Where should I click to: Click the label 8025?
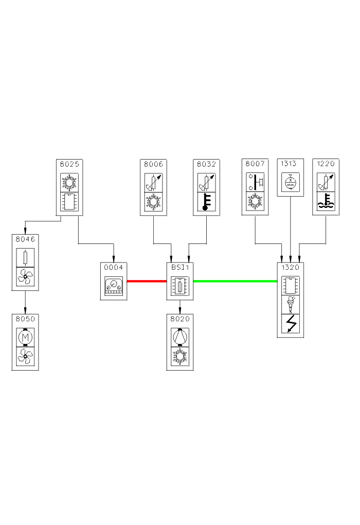tap(69, 164)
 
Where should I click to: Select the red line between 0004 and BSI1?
tap(147, 281)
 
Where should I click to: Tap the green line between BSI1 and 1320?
tap(235, 281)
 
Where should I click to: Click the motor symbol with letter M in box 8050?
tap(25, 337)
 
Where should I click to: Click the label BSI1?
tap(180, 267)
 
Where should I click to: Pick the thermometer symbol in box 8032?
tap(206, 202)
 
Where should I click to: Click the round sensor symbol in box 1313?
tap(291, 182)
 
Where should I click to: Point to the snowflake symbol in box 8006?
tap(154, 202)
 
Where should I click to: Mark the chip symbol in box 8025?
tap(69, 202)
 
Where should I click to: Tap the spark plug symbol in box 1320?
tap(291, 305)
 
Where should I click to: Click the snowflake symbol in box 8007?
tap(256, 202)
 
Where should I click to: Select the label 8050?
tap(25, 319)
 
